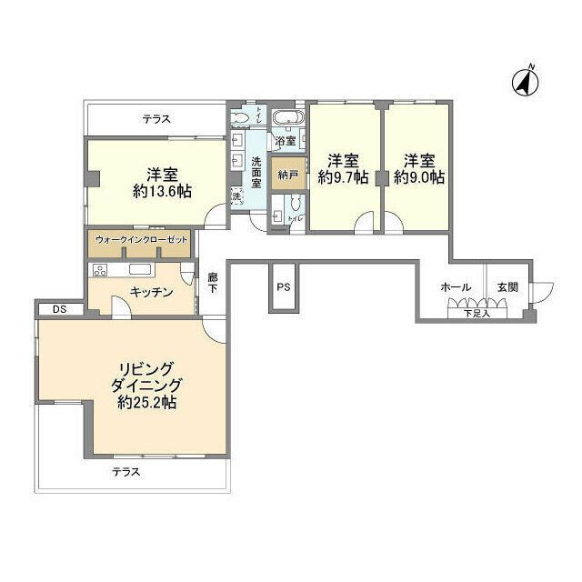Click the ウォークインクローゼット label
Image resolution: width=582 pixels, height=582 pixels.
(x=143, y=239)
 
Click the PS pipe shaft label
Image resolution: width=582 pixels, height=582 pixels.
(x=283, y=287)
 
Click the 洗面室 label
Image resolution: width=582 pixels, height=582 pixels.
(x=256, y=172)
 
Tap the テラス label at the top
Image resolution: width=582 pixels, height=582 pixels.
(x=156, y=119)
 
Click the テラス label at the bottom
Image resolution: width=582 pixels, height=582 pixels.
(x=126, y=471)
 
